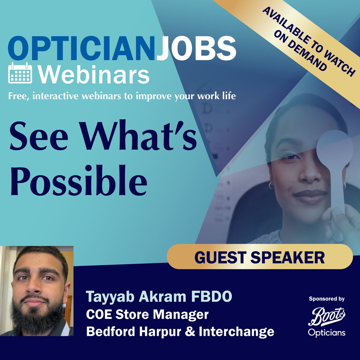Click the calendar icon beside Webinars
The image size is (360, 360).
[x=20, y=73]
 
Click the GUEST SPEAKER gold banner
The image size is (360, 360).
[x=259, y=257]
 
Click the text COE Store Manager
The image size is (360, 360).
[x=147, y=315]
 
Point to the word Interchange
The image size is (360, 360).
[x=236, y=331]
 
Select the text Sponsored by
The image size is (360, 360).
[x=327, y=299]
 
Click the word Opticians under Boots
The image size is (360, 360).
[x=327, y=333]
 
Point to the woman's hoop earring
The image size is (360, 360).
[x=271, y=185]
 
